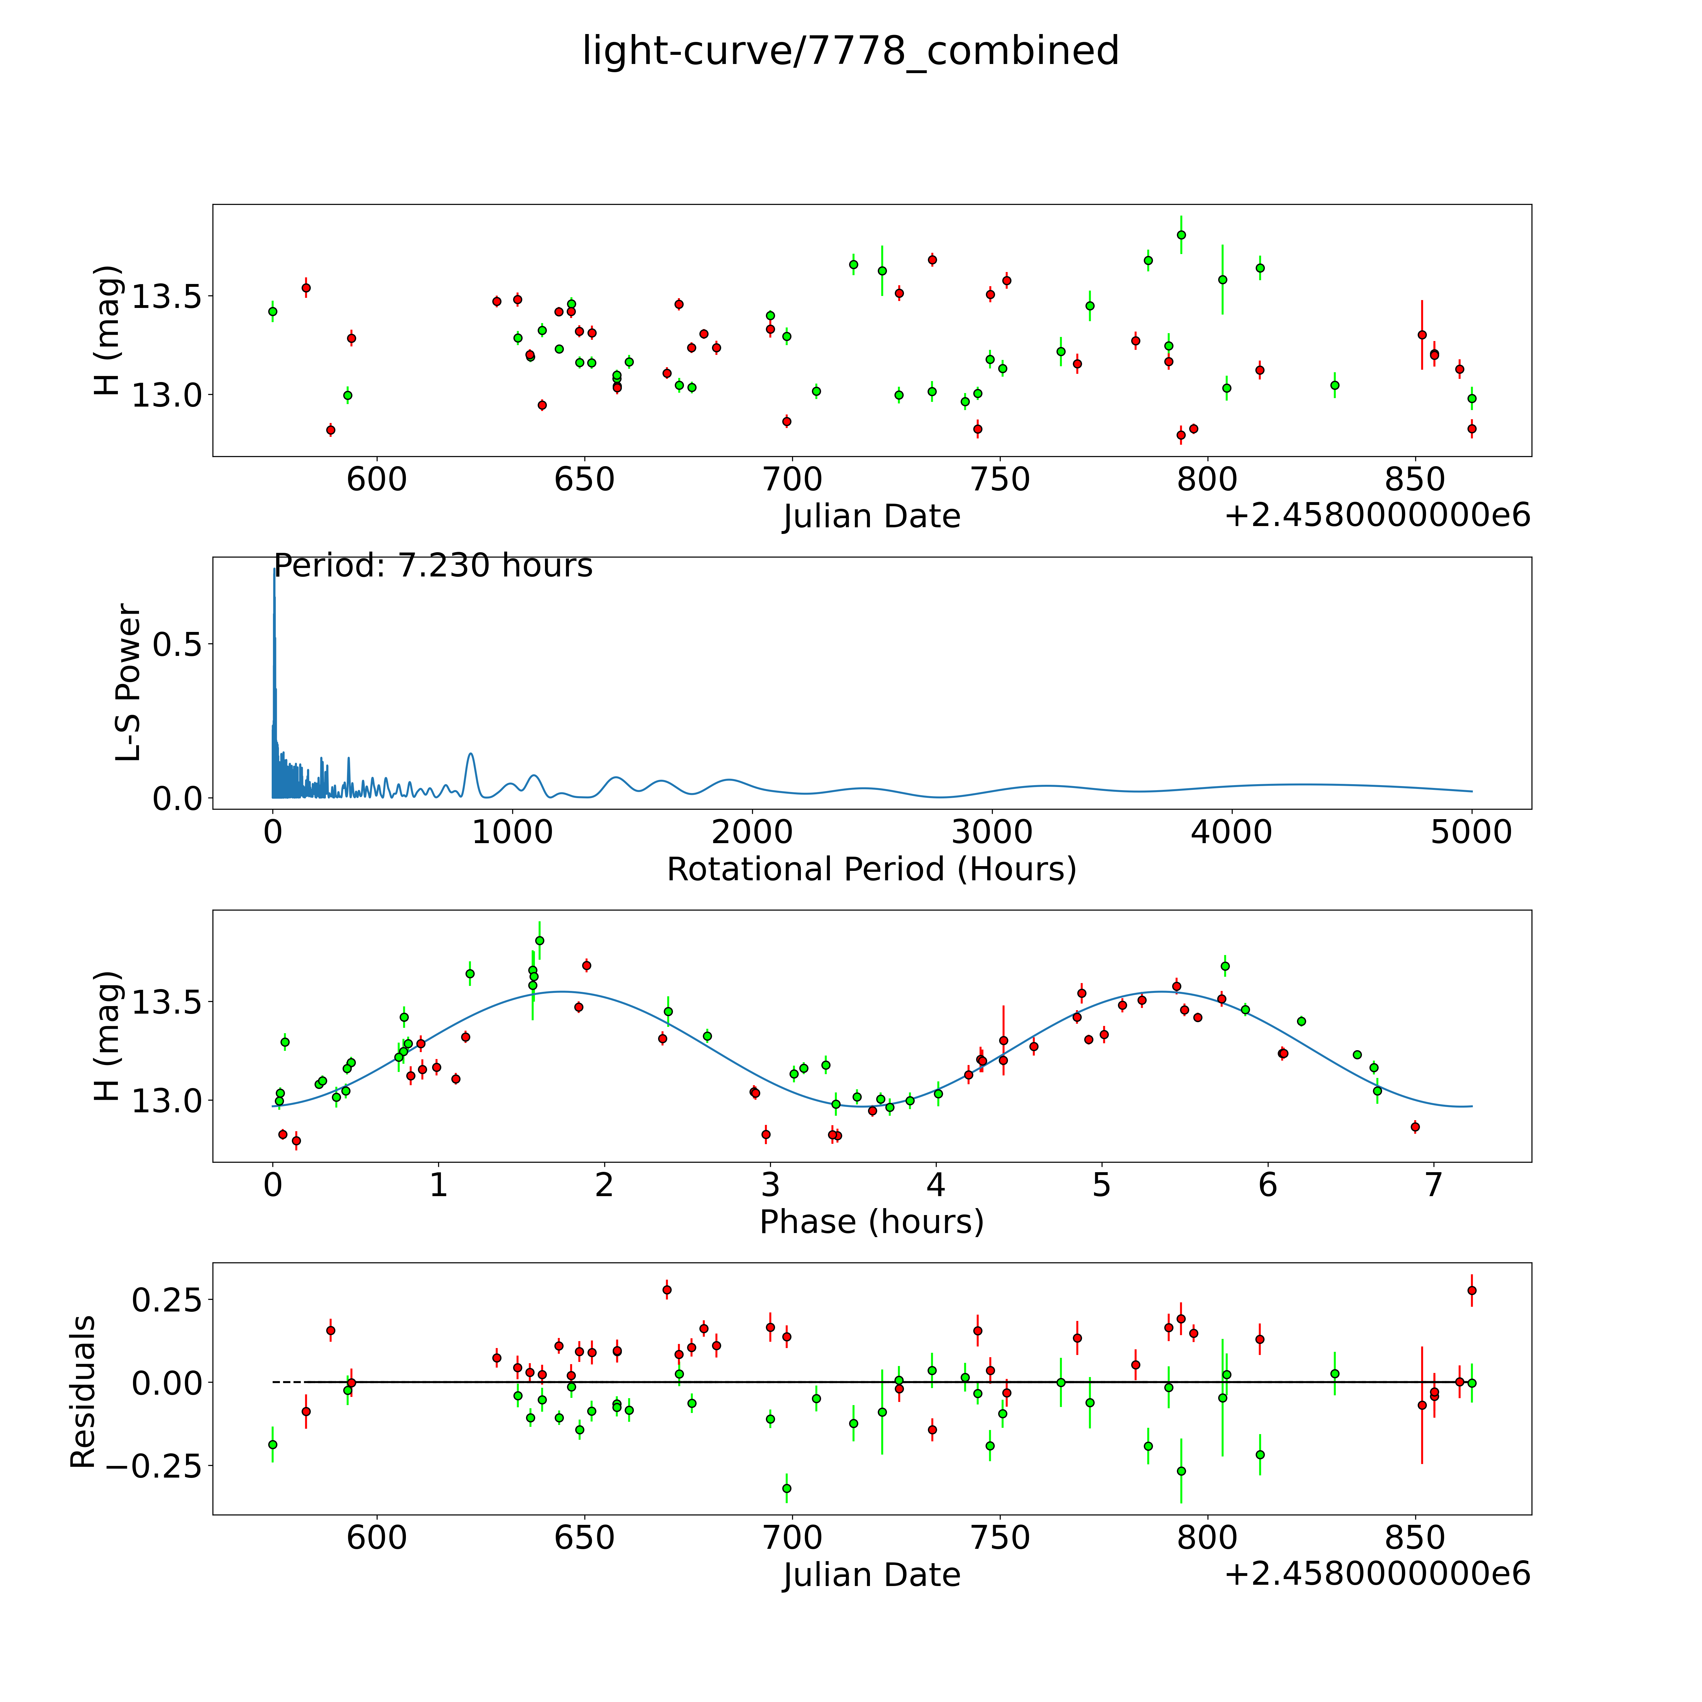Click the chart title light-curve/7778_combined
click(850, 51)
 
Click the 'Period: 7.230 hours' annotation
click(432, 565)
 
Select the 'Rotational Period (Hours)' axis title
click(871, 870)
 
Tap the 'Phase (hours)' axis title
click(871, 1222)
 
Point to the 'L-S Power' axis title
click(129, 683)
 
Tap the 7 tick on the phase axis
click(1433, 1185)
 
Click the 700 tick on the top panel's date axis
click(792, 480)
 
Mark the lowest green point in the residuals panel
click(787, 1488)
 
